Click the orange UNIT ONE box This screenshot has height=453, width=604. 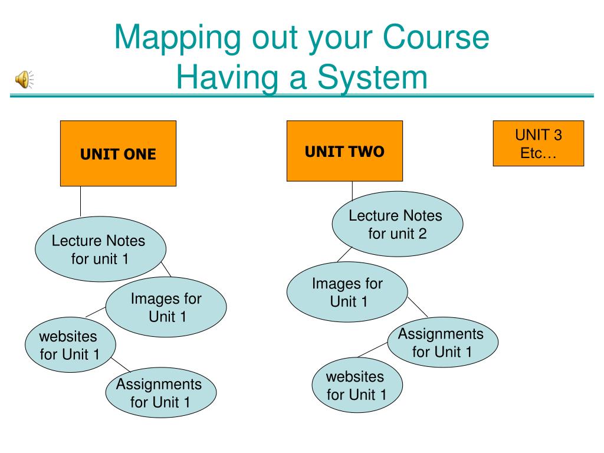pos(118,153)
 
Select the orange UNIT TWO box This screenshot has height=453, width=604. pos(344,151)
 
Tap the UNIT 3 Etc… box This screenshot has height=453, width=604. pos(538,143)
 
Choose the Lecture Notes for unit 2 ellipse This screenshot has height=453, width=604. pos(398,224)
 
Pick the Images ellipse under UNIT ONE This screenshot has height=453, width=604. pos(166,307)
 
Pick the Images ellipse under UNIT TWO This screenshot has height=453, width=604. pos(347,292)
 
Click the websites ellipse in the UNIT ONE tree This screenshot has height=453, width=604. pos(70,345)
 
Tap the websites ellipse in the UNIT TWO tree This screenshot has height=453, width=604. pos(357,385)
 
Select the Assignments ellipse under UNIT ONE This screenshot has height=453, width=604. pos(160,393)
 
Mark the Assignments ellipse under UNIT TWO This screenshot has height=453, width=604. pos(442,343)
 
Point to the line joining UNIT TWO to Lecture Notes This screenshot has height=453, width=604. pos(352,190)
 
